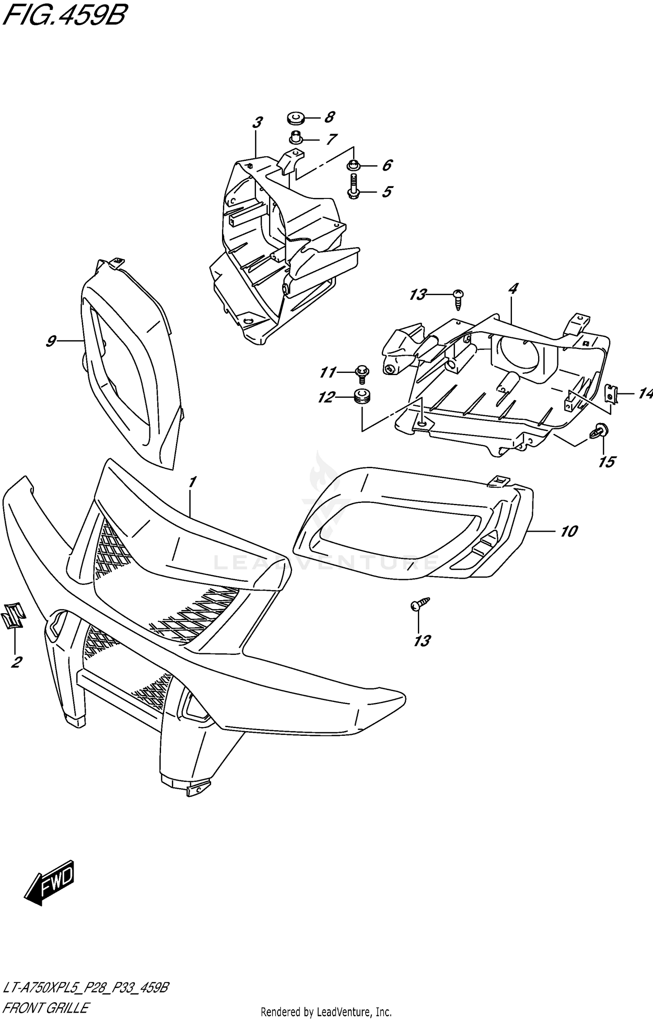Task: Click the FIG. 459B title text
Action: pyautogui.click(x=64, y=16)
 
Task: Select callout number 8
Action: pyautogui.click(x=330, y=117)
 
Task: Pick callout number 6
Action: pyautogui.click(x=387, y=165)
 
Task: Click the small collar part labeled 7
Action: pyautogui.click(x=296, y=138)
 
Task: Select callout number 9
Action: pyautogui.click(x=51, y=341)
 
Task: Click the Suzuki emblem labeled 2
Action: pyautogui.click(x=13, y=615)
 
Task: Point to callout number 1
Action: pyautogui.click(x=192, y=482)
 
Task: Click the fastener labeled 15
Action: pyautogui.click(x=599, y=431)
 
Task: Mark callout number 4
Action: pyautogui.click(x=513, y=289)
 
